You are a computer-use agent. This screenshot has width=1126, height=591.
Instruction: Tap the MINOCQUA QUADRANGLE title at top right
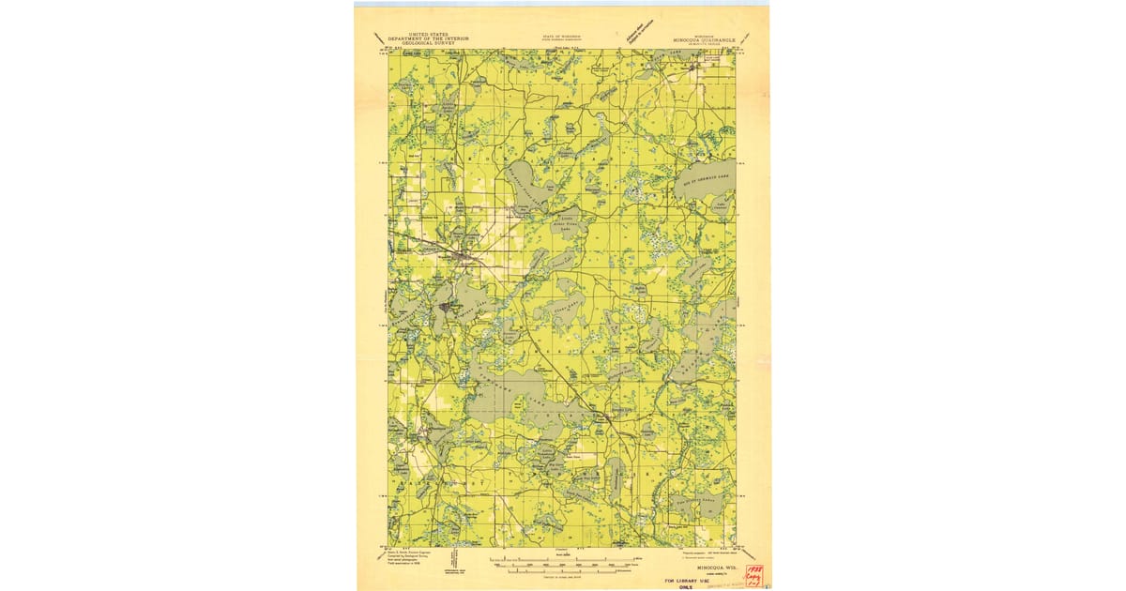703,40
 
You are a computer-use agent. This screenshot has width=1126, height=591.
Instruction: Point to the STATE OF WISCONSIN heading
561,35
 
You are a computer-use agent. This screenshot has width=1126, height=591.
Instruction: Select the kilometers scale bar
563,571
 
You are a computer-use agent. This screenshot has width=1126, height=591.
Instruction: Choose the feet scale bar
563,565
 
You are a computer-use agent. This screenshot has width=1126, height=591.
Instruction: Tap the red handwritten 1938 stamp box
753,575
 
